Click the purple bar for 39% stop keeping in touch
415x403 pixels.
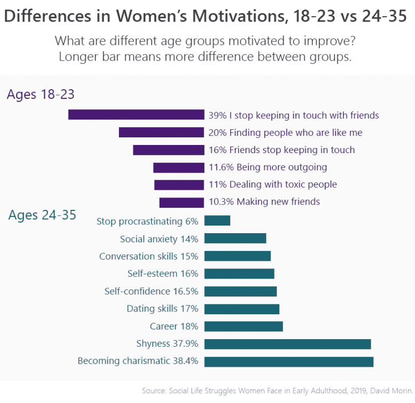click(x=136, y=115)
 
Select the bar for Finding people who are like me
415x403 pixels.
click(x=161, y=133)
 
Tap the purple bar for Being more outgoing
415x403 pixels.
click(x=178, y=167)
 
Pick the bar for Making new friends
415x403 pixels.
click(x=182, y=202)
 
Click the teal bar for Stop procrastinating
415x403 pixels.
click(x=217, y=221)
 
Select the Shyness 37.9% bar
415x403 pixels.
click(x=287, y=343)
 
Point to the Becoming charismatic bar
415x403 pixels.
click(x=289, y=361)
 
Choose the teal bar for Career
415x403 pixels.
click(x=243, y=326)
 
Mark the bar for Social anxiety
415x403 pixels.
click(x=235, y=238)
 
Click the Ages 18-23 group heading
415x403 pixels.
click(x=41, y=94)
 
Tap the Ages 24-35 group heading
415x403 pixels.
click(x=42, y=215)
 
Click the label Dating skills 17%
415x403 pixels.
click(x=162, y=309)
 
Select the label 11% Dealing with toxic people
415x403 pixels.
click(x=272, y=184)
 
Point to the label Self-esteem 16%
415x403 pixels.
click(x=163, y=274)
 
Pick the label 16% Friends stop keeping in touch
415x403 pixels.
click(x=282, y=150)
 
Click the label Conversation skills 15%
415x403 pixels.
click(x=149, y=256)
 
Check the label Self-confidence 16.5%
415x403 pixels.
click(x=151, y=291)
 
